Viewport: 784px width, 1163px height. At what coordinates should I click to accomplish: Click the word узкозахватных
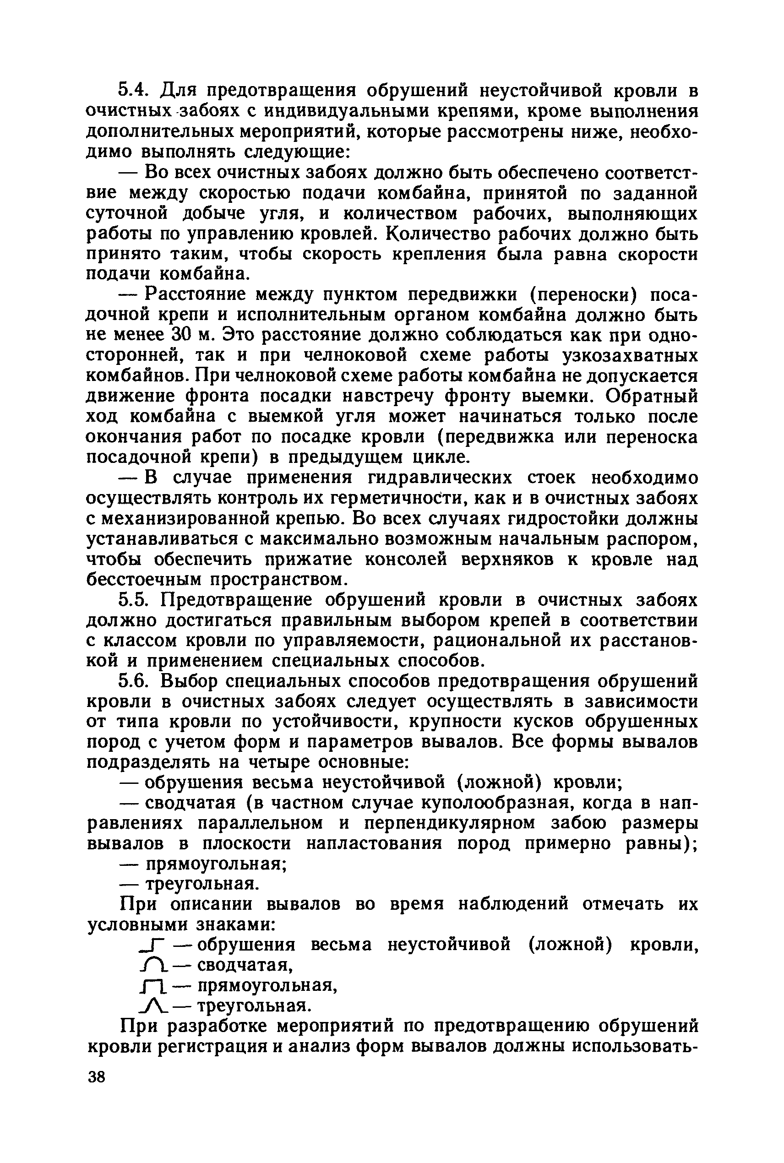tap(631, 355)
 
